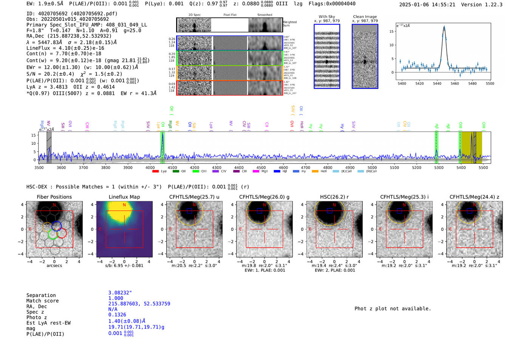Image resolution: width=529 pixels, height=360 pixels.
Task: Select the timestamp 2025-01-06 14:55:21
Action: click(427, 5)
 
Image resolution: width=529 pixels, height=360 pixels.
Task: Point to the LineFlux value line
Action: click(65, 48)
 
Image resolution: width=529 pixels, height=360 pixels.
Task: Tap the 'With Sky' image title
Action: click(326, 17)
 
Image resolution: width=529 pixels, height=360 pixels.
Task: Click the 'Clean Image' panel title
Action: click(365, 17)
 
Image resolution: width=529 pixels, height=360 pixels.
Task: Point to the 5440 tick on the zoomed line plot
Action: click(437, 83)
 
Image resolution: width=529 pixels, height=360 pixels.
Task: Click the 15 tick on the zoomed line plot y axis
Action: click(391, 31)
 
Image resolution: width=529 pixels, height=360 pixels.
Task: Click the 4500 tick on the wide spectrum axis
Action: click(261, 167)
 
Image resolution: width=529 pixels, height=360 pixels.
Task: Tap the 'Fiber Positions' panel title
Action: click(54, 197)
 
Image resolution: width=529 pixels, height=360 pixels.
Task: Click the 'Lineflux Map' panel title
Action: click(124, 197)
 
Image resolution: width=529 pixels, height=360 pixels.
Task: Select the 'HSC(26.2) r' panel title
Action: click(334, 197)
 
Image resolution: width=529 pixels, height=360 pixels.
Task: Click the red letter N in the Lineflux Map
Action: click(124, 205)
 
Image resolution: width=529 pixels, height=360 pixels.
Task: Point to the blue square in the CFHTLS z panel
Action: click(469, 211)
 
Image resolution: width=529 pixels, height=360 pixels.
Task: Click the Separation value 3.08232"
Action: click(120, 293)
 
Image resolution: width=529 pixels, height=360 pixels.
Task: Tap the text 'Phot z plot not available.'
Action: click(393, 309)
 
